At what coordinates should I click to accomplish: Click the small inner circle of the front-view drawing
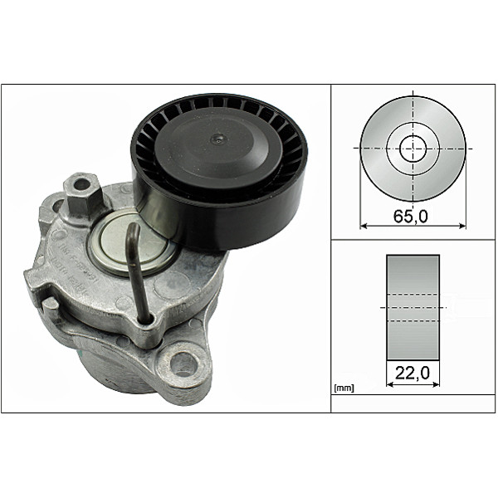coord(413,149)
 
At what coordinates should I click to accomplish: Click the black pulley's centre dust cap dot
coord(217,139)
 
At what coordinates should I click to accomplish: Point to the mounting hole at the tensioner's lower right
coord(183,363)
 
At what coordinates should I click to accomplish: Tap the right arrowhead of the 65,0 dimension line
coord(463,225)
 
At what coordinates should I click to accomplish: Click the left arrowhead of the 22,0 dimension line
coord(390,384)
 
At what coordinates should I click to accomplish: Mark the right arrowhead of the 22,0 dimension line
coord(437,384)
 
